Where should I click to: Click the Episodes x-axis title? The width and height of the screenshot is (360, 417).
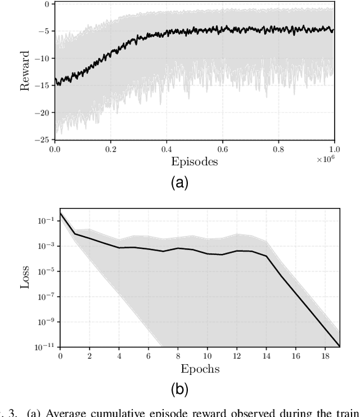point(194,162)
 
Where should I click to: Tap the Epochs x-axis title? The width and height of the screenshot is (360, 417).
point(200,369)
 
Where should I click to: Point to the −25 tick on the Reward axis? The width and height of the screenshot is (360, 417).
point(42,139)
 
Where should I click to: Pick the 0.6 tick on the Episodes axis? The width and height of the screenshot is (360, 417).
point(222,150)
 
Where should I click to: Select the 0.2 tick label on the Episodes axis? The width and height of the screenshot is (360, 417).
point(110,150)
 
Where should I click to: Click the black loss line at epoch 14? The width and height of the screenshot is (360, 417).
point(267,256)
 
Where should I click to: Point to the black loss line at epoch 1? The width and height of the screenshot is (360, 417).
point(75,234)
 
